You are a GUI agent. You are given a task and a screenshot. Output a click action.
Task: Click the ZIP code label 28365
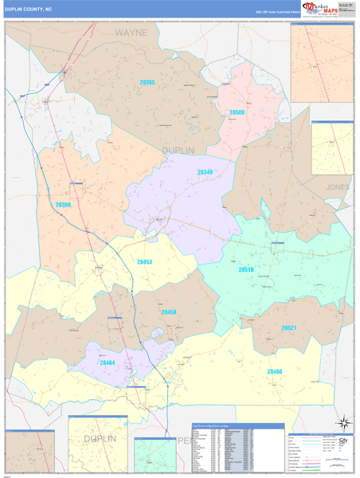click(x=147, y=82)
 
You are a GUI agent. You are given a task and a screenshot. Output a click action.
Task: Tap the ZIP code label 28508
click(x=237, y=112)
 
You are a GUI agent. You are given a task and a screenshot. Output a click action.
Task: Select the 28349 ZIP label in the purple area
click(x=205, y=172)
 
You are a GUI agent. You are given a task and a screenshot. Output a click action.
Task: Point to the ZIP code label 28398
click(x=64, y=205)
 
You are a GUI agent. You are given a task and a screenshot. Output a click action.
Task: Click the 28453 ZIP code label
click(x=144, y=261)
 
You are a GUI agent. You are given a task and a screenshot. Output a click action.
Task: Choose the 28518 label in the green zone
click(x=246, y=270)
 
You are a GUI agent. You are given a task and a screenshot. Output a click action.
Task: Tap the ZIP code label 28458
click(x=169, y=312)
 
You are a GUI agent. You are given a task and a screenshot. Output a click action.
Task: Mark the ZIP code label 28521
click(x=288, y=327)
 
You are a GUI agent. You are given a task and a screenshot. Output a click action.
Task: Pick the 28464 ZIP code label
click(x=108, y=362)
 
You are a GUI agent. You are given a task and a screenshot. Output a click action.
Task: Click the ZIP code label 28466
click(x=275, y=371)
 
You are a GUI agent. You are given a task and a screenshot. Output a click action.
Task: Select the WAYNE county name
click(x=131, y=33)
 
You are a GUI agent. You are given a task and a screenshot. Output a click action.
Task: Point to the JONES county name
click(x=338, y=186)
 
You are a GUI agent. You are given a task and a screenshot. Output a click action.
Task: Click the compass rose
click(x=344, y=422)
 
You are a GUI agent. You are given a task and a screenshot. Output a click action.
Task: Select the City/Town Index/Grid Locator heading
click(x=214, y=427)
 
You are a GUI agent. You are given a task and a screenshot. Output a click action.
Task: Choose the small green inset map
click(x=155, y=455)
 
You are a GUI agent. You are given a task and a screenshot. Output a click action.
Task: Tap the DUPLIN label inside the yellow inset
click(x=99, y=439)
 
